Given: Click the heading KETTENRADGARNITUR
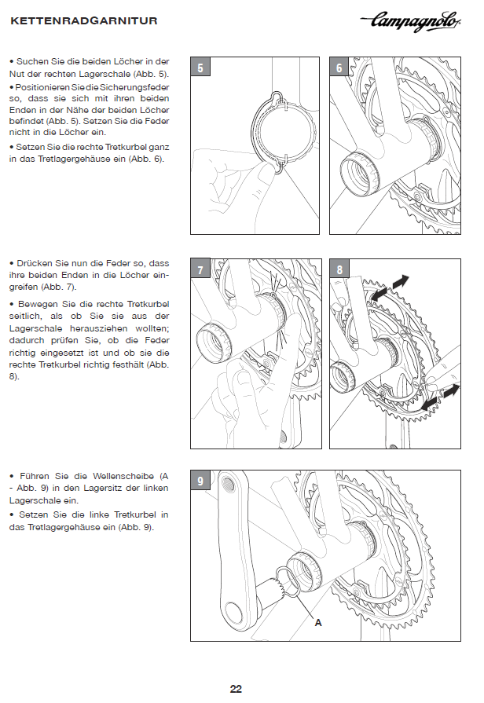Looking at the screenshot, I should pos(84,22).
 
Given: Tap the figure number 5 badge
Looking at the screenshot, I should pos(200,68).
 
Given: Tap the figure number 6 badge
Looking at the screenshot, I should pos(339,68).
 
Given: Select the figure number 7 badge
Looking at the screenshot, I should pos(200,270).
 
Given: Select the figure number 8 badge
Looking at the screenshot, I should pos(339,270).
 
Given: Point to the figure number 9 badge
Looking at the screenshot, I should pos(200,481).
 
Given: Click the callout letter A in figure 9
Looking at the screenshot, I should pos(318,622).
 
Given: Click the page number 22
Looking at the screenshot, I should pos(236,689).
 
